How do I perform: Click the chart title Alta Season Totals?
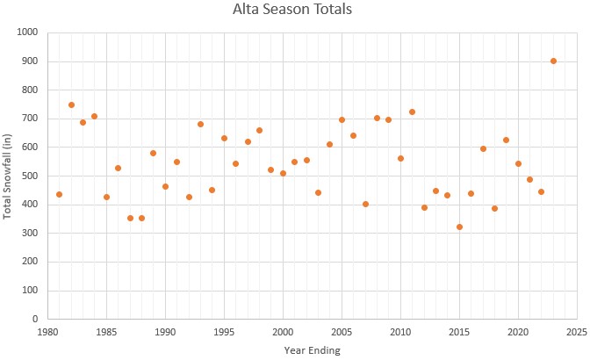pyautogui.click(x=295, y=11)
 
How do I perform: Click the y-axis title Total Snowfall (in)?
pyautogui.click(x=8, y=175)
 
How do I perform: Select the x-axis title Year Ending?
pyautogui.click(x=312, y=349)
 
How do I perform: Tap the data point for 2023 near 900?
pyautogui.click(x=553, y=61)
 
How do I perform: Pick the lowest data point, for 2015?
pyautogui.click(x=459, y=227)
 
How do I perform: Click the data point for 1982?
pyautogui.click(x=71, y=104)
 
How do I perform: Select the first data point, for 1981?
pyautogui.click(x=59, y=194)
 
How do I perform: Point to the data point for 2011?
pyautogui.click(x=412, y=112)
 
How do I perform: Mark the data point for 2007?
pyautogui.click(x=365, y=204)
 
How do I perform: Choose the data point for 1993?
pyautogui.click(x=200, y=124)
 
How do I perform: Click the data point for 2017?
pyautogui.click(x=483, y=148)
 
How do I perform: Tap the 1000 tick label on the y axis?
pyautogui.click(x=27, y=32)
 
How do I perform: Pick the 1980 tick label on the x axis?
pyautogui.click(x=47, y=333)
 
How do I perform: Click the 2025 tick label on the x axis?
pyautogui.click(x=577, y=333)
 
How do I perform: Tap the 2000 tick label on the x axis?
pyautogui.click(x=283, y=333)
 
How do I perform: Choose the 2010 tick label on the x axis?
pyautogui.click(x=400, y=333)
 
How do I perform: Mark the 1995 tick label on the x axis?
pyautogui.click(x=224, y=333)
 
